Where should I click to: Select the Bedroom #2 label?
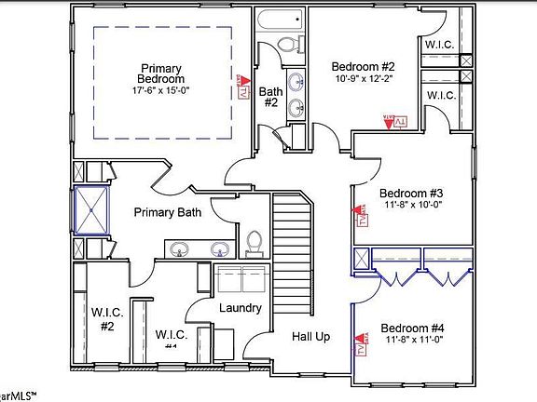(x=364, y=66)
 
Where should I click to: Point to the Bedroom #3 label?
(x=411, y=194)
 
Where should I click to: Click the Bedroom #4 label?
(x=412, y=328)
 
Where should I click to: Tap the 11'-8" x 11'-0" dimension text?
(x=412, y=342)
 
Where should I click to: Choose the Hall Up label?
(x=310, y=336)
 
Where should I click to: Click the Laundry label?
(x=240, y=308)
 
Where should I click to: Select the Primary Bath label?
(x=168, y=213)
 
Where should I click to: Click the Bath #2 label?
(x=269, y=97)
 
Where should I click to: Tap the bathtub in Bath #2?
(x=281, y=20)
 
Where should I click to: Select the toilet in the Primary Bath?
(x=253, y=242)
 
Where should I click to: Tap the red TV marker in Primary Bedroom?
(x=242, y=88)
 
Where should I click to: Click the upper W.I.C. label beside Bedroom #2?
(x=439, y=44)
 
